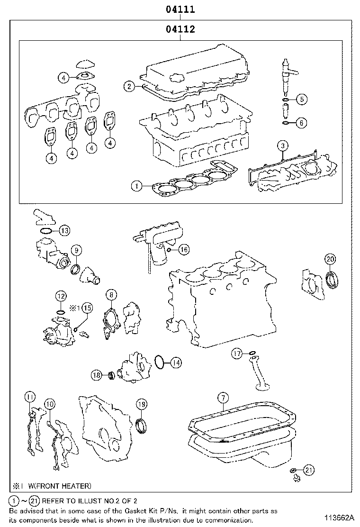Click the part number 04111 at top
[x=180, y=9]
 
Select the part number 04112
[x=180, y=29]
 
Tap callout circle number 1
[x=136, y=187]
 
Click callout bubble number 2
[x=129, y=86]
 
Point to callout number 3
[x=282, y=145]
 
